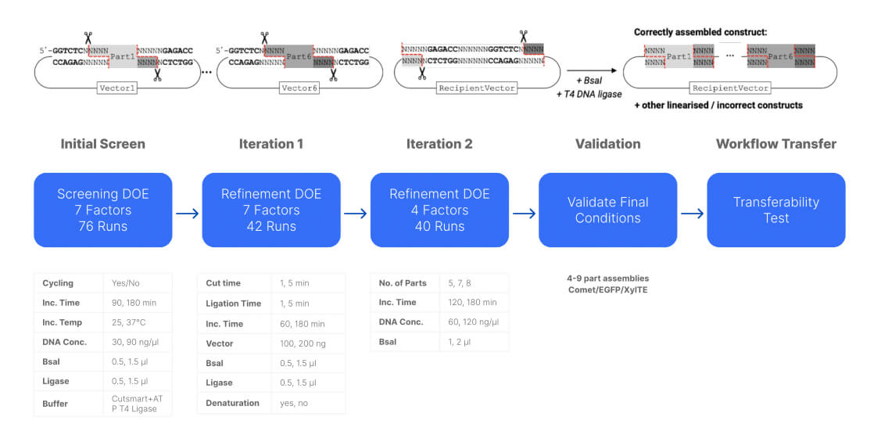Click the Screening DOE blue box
(103, 210)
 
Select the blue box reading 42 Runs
(271, 210)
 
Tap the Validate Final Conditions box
(607, 210)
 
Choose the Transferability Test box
(775, 210)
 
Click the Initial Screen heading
(103, 144)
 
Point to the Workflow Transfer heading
(775, 144)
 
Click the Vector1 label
(118, 88)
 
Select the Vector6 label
(299, 88)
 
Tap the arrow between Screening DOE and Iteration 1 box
(187, 213)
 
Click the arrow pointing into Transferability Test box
(691, 213)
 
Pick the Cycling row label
(58, 283)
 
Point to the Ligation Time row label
(234, 304)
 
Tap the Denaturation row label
(232, 403)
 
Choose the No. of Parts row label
(403, 283)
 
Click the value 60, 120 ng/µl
(472, 322)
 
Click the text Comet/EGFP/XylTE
(607, 289)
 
